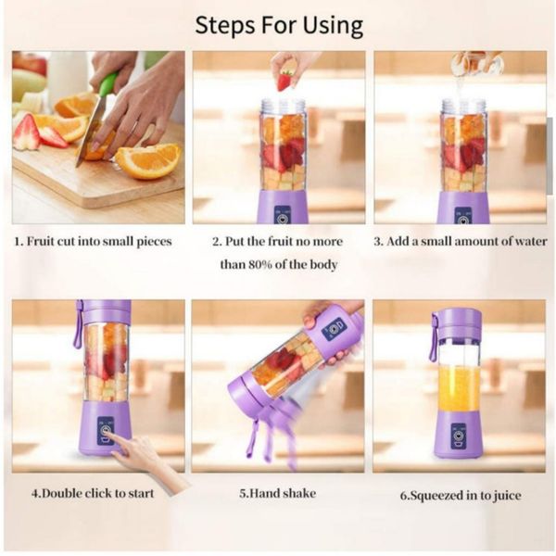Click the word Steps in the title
tap(224, 26)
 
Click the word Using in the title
tap(333, 26)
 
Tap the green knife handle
tap(108, 84)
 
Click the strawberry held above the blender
tap(284, 82)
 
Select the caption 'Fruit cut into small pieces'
tap(99, 242)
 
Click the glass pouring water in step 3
tap(477, 63)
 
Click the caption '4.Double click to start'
tap(93, 493)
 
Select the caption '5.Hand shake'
tap(277, 493)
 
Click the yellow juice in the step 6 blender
tap(460, 388)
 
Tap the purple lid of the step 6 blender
tap(460, 323)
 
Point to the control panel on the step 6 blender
tap(459, 436)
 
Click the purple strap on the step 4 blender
tap(78, 323)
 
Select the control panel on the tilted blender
tap(334, 328)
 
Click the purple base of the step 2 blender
tap(283, 207)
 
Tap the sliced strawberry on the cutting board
tap(27, 132)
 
